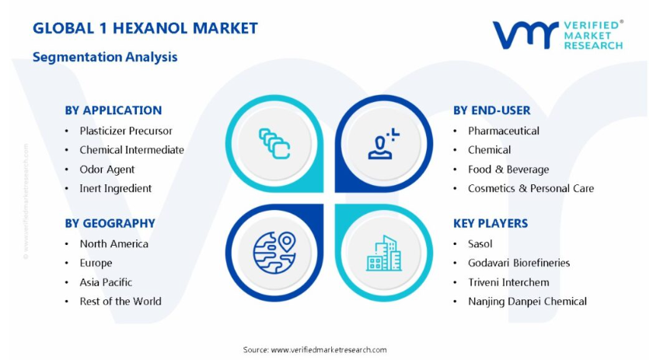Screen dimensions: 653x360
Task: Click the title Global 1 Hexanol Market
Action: (145, 28)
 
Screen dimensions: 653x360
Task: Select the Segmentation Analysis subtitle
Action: (105, 57)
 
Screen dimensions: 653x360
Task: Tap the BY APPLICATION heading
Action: (113, 110)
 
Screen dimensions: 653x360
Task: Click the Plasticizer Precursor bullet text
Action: (126, 131)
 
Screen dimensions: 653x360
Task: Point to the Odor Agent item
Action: (107, 170)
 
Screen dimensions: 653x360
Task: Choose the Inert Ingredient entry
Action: (116, 188)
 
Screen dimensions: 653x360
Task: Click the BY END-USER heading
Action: (492, 110)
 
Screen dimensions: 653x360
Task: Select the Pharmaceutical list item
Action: (504, 131)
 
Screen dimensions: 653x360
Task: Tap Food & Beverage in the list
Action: (508, 170)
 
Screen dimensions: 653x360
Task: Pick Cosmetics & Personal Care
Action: (531, 188)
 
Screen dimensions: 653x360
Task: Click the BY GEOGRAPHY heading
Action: (110, 223)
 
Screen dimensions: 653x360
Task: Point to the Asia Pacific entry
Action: (106, 282)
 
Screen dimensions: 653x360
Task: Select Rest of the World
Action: (120, 301)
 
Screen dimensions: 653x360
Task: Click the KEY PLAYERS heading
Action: (491, 223)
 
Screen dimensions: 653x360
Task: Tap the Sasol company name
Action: (480, 243)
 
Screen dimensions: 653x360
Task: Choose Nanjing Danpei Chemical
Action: (527, 302)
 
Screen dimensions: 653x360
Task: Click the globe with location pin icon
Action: (274, 253)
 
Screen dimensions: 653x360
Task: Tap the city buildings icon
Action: (384, 253)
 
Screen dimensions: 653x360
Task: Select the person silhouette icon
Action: (383, 144)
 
